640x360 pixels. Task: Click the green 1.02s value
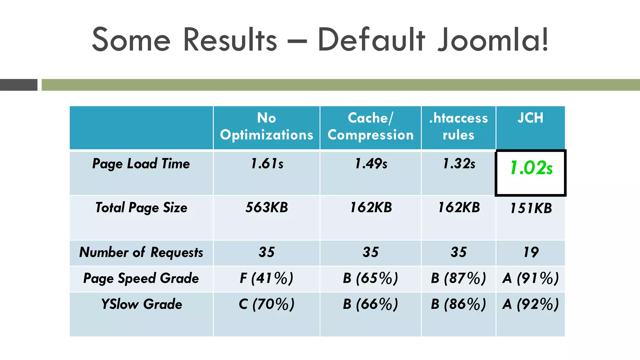point(531,168)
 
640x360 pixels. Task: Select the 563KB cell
point(267,207)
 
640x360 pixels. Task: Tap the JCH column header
point(530,118)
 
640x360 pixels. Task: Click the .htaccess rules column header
point(458,127)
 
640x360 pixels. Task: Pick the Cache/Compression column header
point(370,127)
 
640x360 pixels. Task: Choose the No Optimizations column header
point(267,127)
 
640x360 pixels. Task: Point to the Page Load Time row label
point(141,164)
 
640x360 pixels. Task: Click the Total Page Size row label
point(141,207)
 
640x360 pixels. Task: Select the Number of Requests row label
point(141,252)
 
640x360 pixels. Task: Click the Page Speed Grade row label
point(141,278)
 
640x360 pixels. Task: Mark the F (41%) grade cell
point(267,278)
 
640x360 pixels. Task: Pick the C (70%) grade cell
point(267,304)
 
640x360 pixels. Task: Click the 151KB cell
point(531,208)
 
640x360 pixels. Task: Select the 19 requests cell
point(531,252)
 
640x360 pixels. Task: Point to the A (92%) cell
point(531,304)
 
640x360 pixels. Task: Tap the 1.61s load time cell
point(267,164)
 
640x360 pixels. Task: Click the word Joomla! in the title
point(493,40)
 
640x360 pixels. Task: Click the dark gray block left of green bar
point(19,85)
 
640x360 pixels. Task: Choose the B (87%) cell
point(458,278)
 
